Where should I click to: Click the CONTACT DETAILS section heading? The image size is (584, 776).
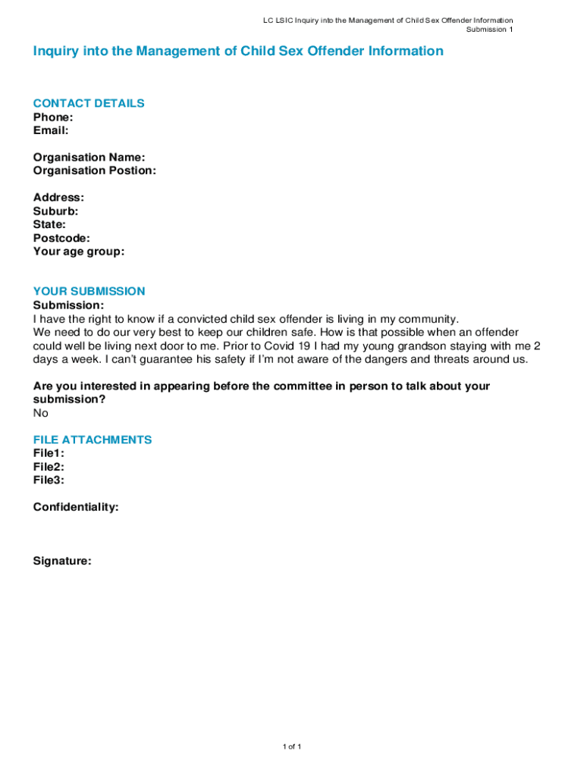click(89, 103)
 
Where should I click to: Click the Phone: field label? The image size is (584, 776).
click(53, 117)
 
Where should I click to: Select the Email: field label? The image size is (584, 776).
click(51, 130)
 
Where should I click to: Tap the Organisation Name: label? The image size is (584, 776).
click(89, 158)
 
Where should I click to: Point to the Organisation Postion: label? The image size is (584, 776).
click(94, 171)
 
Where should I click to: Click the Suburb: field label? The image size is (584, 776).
click(55, 211)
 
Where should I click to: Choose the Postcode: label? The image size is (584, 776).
click(61, 238)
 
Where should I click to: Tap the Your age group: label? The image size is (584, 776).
click(78, 252)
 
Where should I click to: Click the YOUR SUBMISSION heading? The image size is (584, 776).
click(89, 291)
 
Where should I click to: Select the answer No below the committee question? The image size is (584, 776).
click(41, 413)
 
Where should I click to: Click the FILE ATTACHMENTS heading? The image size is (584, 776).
click(93, 440)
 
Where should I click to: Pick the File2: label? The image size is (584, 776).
click(49, 467)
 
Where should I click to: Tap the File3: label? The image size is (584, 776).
click(49, 480)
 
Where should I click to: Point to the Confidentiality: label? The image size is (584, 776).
click(76, 507)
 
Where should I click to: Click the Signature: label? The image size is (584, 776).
click(62, 562)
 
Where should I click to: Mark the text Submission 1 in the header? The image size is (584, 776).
click(489, 30)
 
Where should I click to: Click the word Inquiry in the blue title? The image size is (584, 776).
click(54, 52)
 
